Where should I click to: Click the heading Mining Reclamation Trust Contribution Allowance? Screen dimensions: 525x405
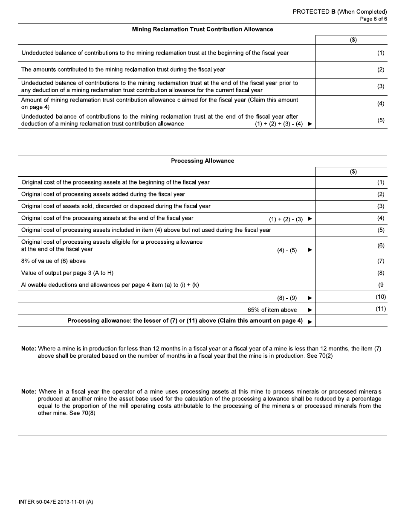202,29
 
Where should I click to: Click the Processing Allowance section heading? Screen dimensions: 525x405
202,161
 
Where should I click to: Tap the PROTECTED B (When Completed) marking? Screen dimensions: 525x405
339,12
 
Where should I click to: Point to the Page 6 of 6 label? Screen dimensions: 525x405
373,19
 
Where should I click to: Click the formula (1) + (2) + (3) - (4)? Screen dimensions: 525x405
276,124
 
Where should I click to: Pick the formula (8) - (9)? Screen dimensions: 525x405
287,297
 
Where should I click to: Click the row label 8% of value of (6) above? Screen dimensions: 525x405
53,261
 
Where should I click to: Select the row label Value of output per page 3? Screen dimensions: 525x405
67,273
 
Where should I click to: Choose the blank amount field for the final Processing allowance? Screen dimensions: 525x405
351,321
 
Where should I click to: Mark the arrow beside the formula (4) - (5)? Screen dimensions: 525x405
310,250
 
